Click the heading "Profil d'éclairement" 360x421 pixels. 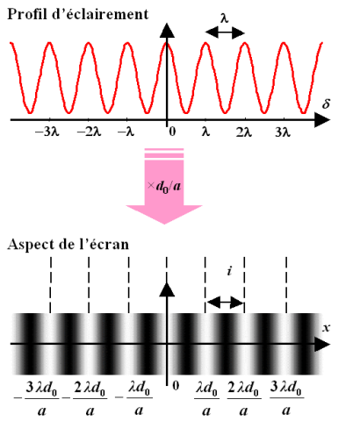[x=77, y=14]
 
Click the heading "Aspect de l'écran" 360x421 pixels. [x=68, y=244]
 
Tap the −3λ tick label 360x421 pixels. [x=47, y=132]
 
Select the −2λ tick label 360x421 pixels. [x=89, y=132]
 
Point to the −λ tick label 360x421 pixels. [x=126, y=132]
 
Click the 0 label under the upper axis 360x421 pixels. [x=172, y=132]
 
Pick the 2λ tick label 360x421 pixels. [x=244, y=132]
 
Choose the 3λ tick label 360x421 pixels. [x=283, y=132]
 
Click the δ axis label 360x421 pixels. [x=326, y=103]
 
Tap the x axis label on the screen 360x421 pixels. [x=326, y=328]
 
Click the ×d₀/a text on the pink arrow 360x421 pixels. [x=164, y=186]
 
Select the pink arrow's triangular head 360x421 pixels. [x=164, y=214]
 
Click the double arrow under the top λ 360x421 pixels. [x=225, y=32]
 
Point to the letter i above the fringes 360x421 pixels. [x=230, y=271]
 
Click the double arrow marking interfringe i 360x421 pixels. [x=225, y=303]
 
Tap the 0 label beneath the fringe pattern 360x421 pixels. [x=176, y=386]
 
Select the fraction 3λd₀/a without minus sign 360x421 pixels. [x=286, y=398]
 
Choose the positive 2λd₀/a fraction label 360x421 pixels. [x=243, y=398]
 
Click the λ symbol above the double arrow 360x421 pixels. [x=224, y=18]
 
